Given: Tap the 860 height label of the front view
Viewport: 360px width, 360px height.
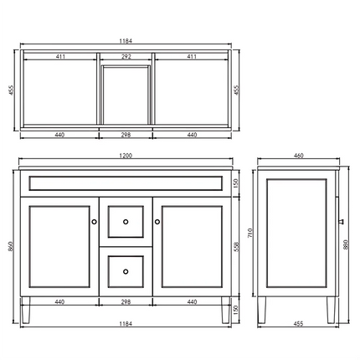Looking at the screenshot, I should (11, 247).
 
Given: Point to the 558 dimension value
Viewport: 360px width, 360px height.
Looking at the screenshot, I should (235, 247).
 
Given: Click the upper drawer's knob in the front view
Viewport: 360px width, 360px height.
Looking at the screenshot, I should (125, 222).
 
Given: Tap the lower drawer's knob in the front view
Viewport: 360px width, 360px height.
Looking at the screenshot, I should (125, 270).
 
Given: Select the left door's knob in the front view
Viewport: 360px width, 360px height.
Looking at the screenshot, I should (94, 222).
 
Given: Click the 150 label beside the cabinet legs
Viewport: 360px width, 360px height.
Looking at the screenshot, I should (235, 310).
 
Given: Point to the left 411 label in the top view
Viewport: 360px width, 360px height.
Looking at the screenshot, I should (59, 57).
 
